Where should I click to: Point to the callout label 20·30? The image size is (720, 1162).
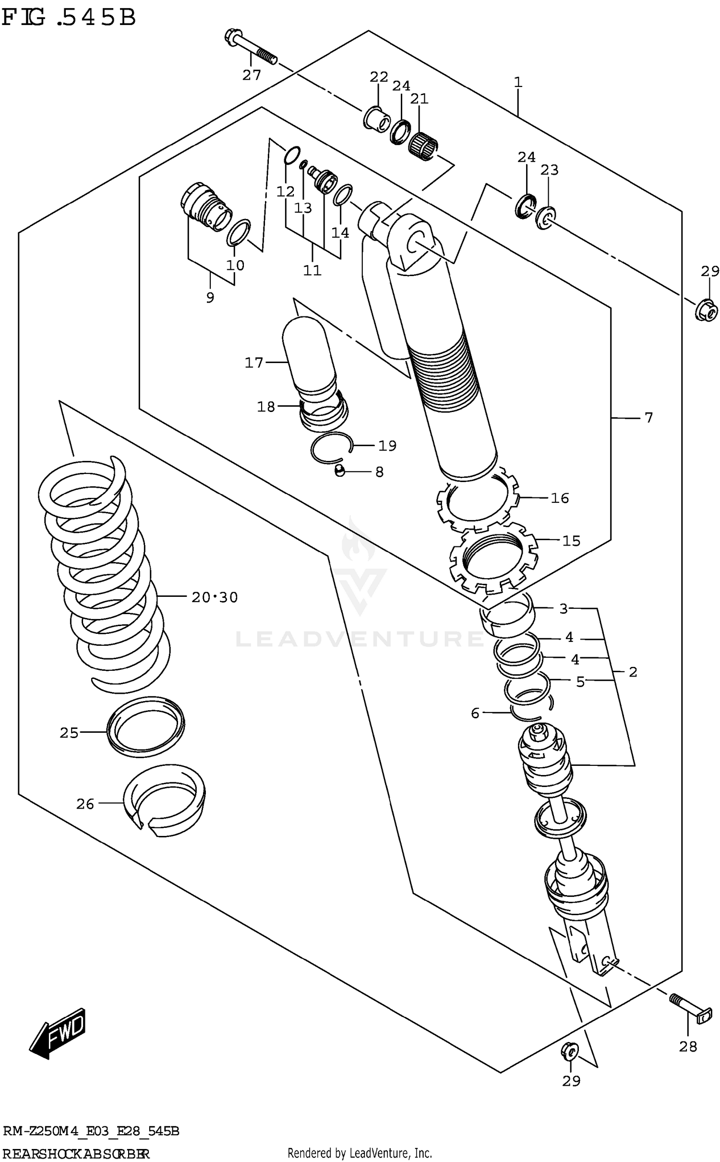point(215,597)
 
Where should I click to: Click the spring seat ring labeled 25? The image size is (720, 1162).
point(145,727)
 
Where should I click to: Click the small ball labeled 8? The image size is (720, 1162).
point(339,472)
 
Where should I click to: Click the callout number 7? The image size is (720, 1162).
point(648,418)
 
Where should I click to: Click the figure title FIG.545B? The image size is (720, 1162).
point(69,18)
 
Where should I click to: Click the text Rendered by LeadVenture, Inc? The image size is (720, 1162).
point(360,1152)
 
